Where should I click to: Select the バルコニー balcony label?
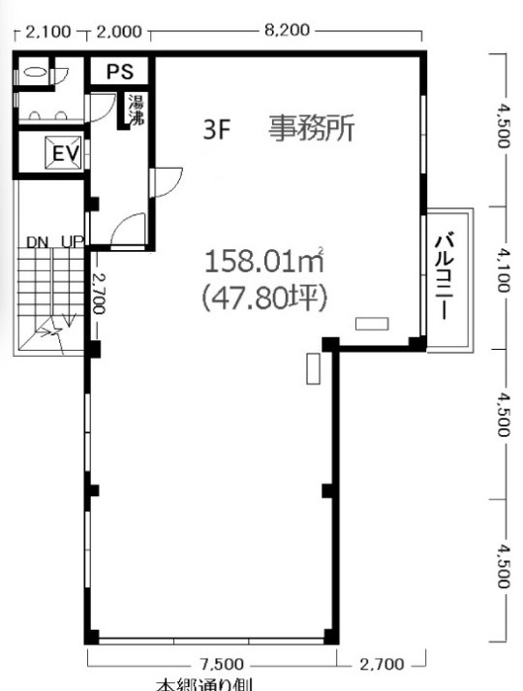click(x=446, y=276)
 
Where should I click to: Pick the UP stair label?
click(x=72, y=241)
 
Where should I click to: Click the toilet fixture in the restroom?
click(x=36, y=71)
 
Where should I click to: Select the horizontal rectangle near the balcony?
click(x=371, y=324)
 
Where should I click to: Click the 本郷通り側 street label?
click(x=204, y=684)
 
